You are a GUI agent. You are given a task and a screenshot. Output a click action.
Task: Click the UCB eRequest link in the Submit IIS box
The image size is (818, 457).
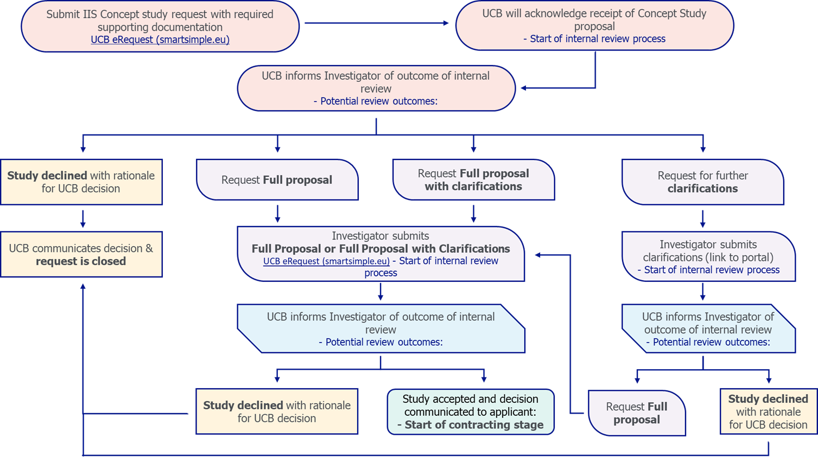click(x=160, y=40)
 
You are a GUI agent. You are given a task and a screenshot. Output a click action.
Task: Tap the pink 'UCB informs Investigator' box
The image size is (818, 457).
click(x=376, y=88)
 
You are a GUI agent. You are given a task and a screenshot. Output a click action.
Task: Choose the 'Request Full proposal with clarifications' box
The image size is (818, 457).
click(x=473, y=180)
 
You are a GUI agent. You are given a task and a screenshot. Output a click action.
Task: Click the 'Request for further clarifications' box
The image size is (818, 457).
click(x=702, y=182)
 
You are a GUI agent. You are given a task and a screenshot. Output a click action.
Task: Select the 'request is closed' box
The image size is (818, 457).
click(x=81, y=255)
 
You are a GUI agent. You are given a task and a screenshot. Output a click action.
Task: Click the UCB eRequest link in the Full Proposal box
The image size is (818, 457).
click(x=326, y=261)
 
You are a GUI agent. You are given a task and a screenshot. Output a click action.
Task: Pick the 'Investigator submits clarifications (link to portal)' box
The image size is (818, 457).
click(x=708, y=256)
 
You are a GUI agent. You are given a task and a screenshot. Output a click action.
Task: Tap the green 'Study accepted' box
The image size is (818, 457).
click(x=470, y=411)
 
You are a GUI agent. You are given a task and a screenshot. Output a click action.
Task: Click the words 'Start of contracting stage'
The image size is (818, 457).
click(x=474, y=425)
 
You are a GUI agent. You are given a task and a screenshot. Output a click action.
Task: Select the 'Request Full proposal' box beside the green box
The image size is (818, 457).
click(x=637, y=413)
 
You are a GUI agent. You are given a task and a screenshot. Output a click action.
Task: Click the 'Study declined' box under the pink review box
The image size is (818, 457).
click(x=81, y=182)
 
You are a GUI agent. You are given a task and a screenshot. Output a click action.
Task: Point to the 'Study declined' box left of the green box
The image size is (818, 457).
click(x=277, y=411)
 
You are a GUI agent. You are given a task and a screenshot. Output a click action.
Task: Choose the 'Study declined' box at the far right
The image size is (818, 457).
click(x=768, y=411)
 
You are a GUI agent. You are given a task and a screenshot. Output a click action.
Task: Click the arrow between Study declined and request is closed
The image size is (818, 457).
click(x=83, y=218)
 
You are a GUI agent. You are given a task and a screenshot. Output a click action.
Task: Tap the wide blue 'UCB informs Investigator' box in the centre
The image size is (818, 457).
click(x=381, y=329)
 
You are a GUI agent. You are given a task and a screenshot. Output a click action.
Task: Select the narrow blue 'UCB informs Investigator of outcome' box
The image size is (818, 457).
click(x=708, y=329)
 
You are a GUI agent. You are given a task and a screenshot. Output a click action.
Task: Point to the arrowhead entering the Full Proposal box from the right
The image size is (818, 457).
click(x=538, y=255)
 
